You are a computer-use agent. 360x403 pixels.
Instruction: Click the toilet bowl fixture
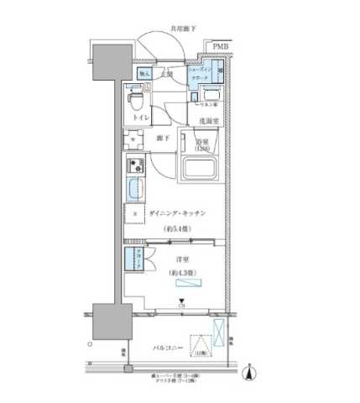tap(135, 102)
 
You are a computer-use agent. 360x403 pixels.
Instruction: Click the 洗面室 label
tap(208, 121)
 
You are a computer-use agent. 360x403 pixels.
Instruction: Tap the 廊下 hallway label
tap(164, 137)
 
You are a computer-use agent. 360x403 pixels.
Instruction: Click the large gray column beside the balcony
tap(108, 322)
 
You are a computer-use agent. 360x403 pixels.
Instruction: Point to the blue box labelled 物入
tap(143, 75)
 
